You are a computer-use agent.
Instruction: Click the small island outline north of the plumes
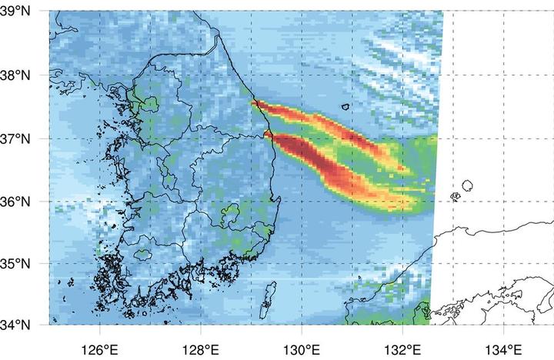tap(345, 107)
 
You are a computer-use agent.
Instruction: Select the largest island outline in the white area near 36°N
tap(467, 185)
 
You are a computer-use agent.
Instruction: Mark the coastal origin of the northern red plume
tap(253, 103)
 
